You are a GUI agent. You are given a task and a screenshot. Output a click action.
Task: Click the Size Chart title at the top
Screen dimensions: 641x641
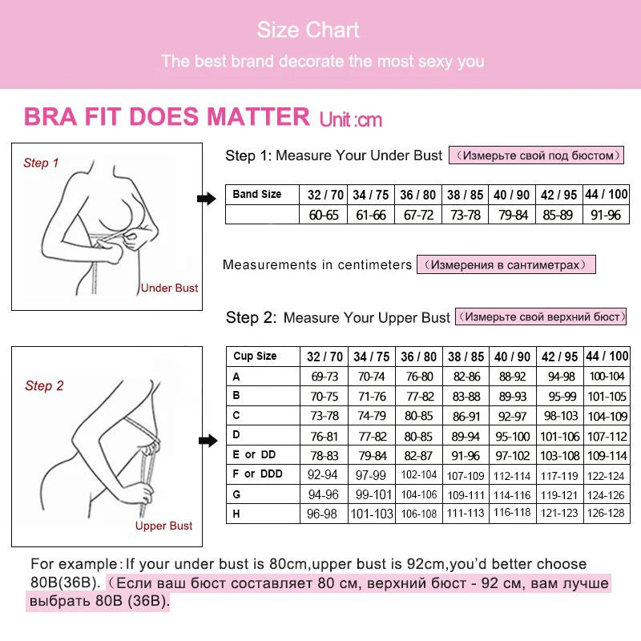pyautogui.click(x=308, y=30)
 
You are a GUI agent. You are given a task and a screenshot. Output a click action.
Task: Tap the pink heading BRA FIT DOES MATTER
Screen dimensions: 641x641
pyautogui.click(x=167, y=117)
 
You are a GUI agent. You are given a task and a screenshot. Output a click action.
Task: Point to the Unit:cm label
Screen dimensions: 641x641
pyautogui.click(x=351, y=120)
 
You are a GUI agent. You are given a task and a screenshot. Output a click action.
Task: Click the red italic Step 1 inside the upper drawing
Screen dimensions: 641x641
pyautogui.click(x=41, y=163)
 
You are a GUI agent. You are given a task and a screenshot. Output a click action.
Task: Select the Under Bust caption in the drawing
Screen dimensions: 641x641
pyautogui.click(x=169, y=288)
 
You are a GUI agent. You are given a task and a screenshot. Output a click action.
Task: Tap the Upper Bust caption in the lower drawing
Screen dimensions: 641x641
pyautogui.click(x=163, y=526)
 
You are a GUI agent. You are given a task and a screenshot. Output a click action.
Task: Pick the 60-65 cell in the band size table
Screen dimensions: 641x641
pyautogui.click(x=325, y=215)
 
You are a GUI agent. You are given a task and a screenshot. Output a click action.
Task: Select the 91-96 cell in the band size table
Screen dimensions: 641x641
pyautogui.click(x=607, y=215)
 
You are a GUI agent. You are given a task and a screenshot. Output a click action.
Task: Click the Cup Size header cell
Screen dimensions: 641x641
pyautogui.click(x=255, y=356)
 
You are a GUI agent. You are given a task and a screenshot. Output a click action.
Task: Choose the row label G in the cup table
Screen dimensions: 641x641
pyautogui.click(x=236, y=494)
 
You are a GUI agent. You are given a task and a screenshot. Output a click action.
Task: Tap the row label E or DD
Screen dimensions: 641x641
pyautogui.click(x=255, y=454)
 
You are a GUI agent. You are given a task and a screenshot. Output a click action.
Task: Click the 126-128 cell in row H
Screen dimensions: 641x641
pyautogui.click(x=607, y=514)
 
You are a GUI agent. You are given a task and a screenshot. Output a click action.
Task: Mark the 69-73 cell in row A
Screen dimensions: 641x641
pyautogui.click(x=325, y=377)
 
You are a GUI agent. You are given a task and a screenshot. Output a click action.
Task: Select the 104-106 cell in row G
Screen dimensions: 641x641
pyautogui.click(x=418, y=494)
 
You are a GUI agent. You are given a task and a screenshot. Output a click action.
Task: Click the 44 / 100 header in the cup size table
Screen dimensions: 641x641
pyautogui.click(x=607, y=356)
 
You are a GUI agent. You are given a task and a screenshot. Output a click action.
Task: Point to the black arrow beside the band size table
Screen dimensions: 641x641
pyautogui.click(x=207, y=199)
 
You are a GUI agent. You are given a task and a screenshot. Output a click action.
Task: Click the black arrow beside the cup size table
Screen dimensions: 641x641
pyautogui.click(x=207, y=440)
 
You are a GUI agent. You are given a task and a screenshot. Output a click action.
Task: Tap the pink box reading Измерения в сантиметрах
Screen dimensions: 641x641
pyautogui.click(x=506, y=264)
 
